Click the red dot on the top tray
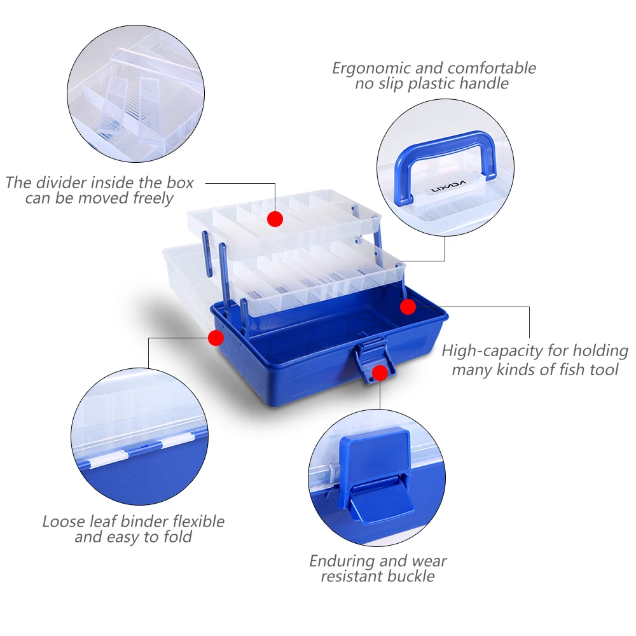pos(275,219)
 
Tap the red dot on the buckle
pos(380,373)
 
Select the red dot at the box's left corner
pos(216,338)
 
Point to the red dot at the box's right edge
pos(408,307)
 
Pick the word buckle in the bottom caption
pos(410,577)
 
